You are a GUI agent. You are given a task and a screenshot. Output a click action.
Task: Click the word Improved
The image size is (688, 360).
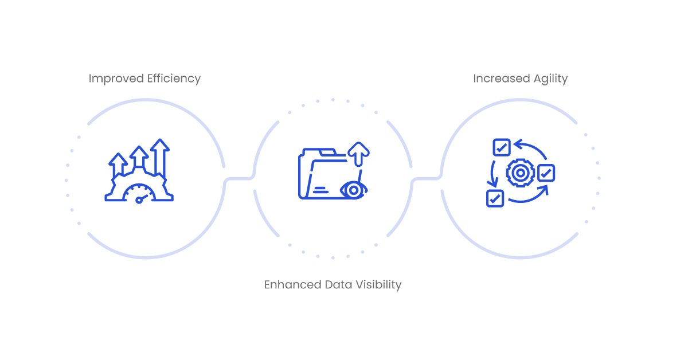[x=116, y=79]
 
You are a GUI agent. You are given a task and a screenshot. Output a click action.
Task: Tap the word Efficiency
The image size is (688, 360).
[x=174, y=79]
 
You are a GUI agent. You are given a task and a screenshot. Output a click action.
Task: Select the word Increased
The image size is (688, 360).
[x=502, y=79]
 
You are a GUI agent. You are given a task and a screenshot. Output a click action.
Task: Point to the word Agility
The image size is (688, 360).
[x=551, y=79]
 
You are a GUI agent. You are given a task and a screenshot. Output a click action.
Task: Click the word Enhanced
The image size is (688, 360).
[x=293, y=285]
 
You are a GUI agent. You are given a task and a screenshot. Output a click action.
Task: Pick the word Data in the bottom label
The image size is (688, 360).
[x=338, y=285]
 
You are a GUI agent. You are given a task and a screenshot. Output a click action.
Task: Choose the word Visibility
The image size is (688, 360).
[x=378, y=285]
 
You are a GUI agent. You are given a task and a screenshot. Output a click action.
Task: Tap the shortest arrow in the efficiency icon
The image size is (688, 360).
[x=118, y=165]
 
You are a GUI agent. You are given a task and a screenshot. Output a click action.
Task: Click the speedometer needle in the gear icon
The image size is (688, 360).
[x=143, y=198]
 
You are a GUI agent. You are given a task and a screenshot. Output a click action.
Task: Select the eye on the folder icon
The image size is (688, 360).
[x=354, y=190]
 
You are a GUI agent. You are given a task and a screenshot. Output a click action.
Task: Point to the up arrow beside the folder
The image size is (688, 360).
[x=358, y=154]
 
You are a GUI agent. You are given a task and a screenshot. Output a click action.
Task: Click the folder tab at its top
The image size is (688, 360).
[x=328, y=152]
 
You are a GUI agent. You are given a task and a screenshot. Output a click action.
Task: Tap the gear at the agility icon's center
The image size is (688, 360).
[x=521, y=173]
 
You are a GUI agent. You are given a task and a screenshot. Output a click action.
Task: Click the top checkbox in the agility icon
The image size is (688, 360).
[x=502, y=147]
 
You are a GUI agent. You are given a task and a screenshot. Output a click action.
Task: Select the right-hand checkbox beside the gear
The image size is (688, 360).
[x=546, y=173]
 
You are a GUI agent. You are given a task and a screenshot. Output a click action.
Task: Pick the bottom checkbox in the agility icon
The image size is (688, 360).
[x=495, y=198]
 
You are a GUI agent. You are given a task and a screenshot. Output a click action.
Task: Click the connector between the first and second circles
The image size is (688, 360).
[x=239, y=178]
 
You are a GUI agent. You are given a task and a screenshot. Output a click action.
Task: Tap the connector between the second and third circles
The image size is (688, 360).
[x=427, y=178]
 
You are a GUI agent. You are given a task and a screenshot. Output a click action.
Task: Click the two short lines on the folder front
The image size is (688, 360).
[x=320, y=190]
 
